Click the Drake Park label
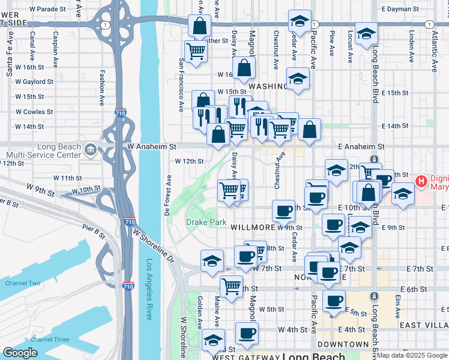206,223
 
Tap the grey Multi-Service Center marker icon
90,149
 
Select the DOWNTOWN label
343,344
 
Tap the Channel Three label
50,340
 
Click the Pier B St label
93,228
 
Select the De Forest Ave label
169,195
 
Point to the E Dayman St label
400,9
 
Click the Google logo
20,353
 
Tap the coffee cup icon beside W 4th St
246,334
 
